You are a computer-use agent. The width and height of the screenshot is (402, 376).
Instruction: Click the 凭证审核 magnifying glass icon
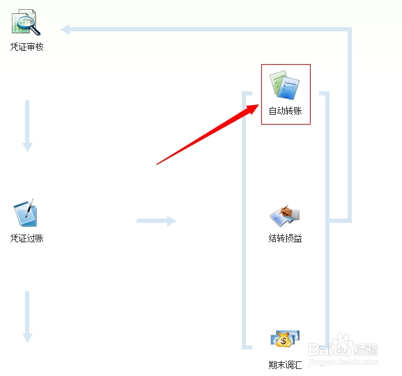(x=26, y=22)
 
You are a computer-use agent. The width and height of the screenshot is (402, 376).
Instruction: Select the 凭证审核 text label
(x=27, y=47)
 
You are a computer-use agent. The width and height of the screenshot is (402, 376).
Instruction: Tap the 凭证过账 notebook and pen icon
(x=25, y=213)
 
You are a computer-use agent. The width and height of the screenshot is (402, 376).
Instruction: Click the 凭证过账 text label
(x=27, y=238)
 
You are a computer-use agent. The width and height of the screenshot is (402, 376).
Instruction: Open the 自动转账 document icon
(x=284, y=85)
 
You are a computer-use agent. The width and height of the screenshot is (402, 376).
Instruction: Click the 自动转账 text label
(x=286, y=111)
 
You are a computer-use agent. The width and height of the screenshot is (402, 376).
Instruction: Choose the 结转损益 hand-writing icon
(x=284, y=216)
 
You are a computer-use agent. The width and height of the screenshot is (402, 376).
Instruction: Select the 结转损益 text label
(x=286, y=238)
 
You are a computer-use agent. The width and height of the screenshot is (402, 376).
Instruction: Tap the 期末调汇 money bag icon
(x=285, y=338)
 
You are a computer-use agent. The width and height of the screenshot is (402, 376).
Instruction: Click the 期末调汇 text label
(x=286, y=365)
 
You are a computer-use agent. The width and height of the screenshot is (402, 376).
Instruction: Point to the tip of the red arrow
(x=259, y=104)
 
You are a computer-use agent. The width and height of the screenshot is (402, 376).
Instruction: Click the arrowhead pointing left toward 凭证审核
(x=65, y=29)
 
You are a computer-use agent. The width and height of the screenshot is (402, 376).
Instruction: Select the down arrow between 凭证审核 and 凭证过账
(x=27, y=126)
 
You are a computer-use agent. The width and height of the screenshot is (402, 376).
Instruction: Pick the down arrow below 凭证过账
(x=27, y=317)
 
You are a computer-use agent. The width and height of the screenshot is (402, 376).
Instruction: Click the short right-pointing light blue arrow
(x=156, y=221)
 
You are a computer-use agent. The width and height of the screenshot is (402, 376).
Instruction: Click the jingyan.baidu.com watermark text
(x=343, y=362)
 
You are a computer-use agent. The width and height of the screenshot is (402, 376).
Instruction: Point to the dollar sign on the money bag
(x=284, y=341)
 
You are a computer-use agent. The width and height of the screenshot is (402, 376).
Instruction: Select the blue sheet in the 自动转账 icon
(x=288, y=88)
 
